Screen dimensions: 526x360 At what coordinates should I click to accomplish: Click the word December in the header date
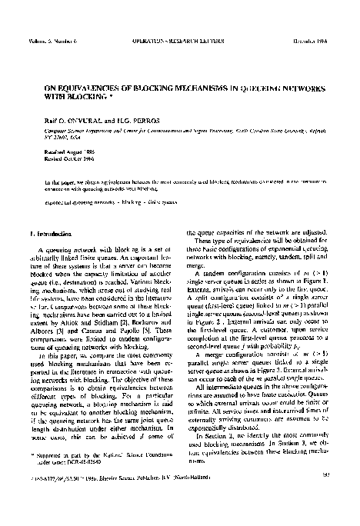pyautogui.click(x=315, y=30)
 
